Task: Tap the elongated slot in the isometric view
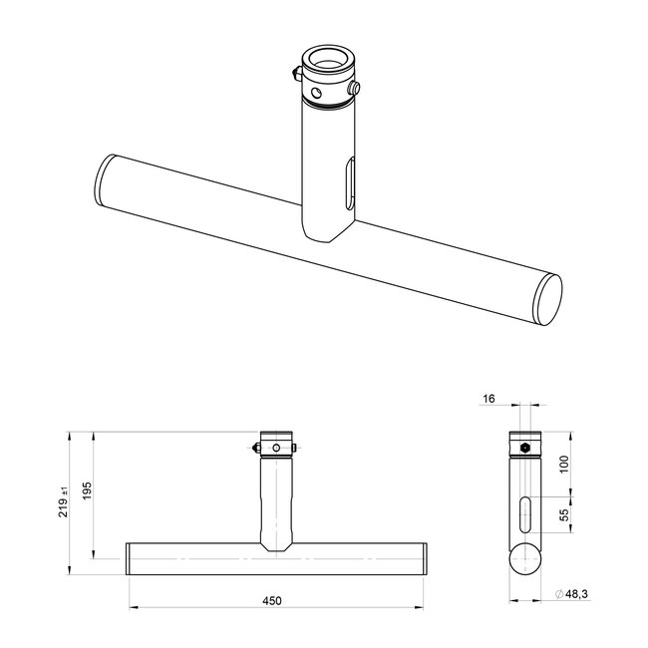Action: [x=346, y=186]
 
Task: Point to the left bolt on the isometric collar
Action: [x=292, y=75]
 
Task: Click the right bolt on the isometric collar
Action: [x=355, y=91]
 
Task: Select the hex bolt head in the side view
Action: [x=525, y=447]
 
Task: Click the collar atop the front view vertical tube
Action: [x=278, y=443]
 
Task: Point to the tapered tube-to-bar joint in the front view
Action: [x=278, y=544]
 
